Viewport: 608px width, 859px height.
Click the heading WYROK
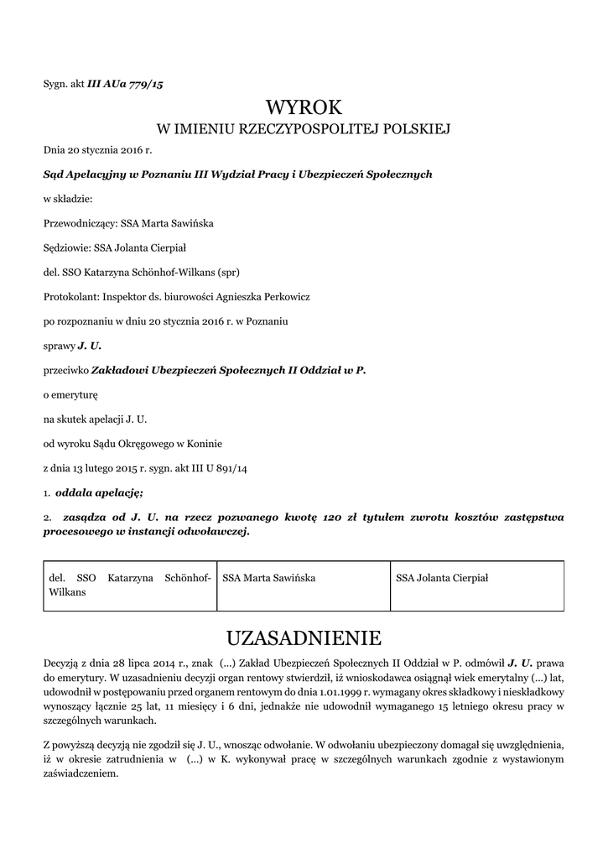304,107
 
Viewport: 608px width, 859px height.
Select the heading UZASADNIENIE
304,638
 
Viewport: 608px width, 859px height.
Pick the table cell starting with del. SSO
130,585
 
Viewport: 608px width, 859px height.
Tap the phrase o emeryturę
71,393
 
